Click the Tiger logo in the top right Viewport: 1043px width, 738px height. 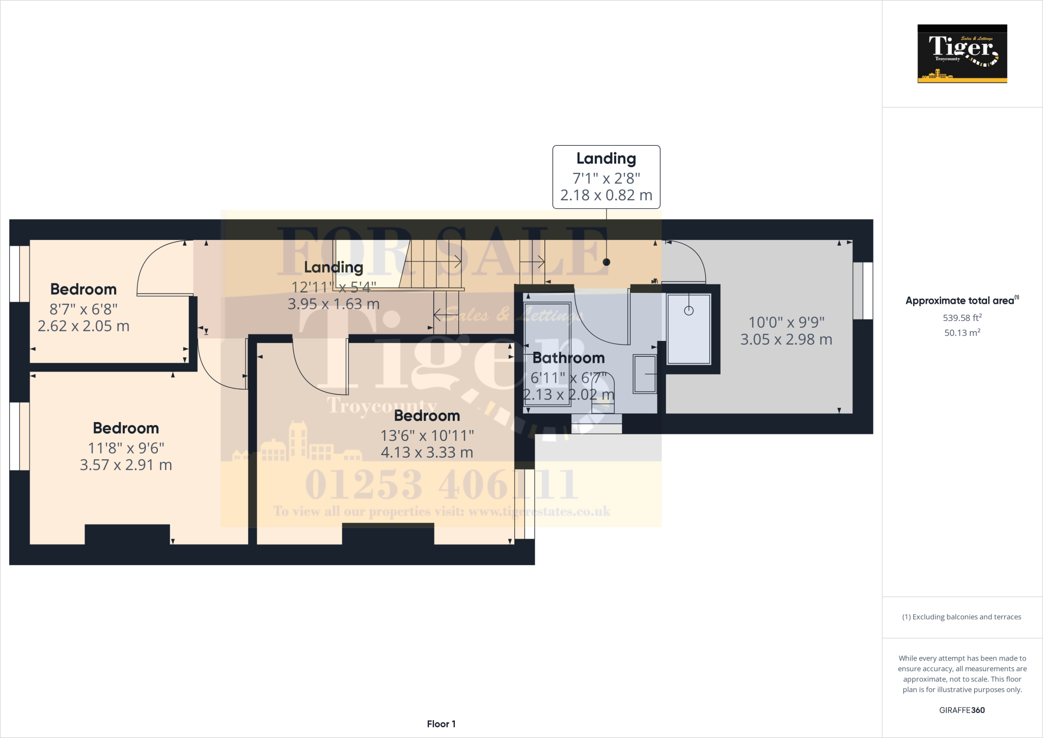tap(962, 54)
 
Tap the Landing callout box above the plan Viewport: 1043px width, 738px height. tap(606, 177)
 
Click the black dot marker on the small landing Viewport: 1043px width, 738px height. tap(606, 262)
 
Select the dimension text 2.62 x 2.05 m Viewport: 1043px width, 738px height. tap(84, 326)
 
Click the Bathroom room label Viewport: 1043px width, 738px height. tap(568, 358)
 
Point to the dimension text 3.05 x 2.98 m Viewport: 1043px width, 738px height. tap(786, 339)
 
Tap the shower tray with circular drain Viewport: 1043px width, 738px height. tap(689, 329)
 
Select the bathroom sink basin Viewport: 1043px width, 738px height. tap(645, 374)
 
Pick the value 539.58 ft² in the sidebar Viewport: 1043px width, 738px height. tap(962, 318)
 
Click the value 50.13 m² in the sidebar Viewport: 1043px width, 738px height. tap(962, 333)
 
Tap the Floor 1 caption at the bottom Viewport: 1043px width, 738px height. tap(441, 724)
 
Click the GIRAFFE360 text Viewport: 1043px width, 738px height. tap(962, 710)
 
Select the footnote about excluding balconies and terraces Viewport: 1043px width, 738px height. tap(962, 617)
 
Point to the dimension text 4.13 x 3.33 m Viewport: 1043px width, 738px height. tap(427, 453)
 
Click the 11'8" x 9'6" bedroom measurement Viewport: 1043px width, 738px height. tap(126, 448)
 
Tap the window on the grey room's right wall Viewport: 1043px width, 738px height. tap(863, 291)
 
